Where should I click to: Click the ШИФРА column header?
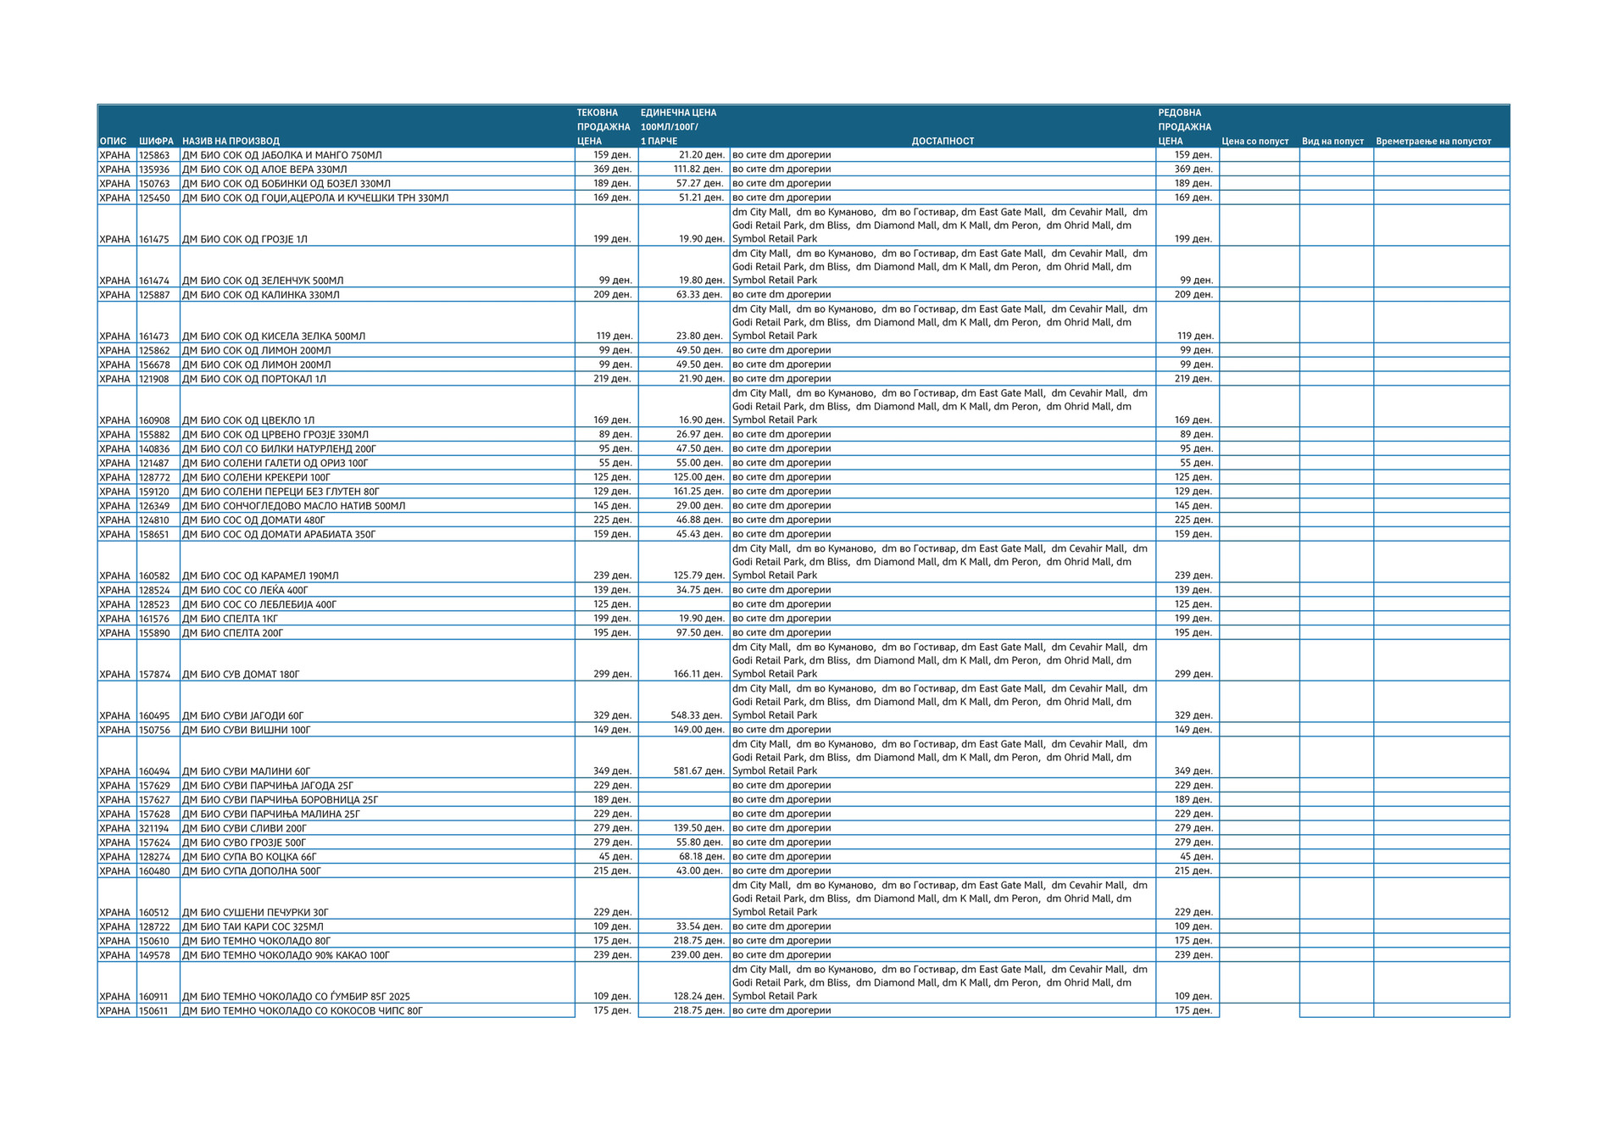(x=156, y=142)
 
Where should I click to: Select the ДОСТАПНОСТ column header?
(x=943, y=142)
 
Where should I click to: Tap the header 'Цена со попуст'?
(x=1254, y=142)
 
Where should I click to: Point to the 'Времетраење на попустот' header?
(x=1432, y=142)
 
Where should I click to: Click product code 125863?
(x=154, y=155)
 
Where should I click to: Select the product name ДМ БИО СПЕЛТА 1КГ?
(x=231, y=619)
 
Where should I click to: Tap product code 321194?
(x=154, y=828)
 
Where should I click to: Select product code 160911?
(x=154, y=997)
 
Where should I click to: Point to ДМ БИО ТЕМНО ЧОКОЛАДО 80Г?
(x=257, y=941)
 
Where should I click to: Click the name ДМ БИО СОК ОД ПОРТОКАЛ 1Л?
(x=254, y=379)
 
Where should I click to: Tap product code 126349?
(x=154, y=506)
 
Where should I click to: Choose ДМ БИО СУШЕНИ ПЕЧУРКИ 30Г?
(x=255, y=913)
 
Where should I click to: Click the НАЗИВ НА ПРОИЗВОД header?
(x=231, y=142)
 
